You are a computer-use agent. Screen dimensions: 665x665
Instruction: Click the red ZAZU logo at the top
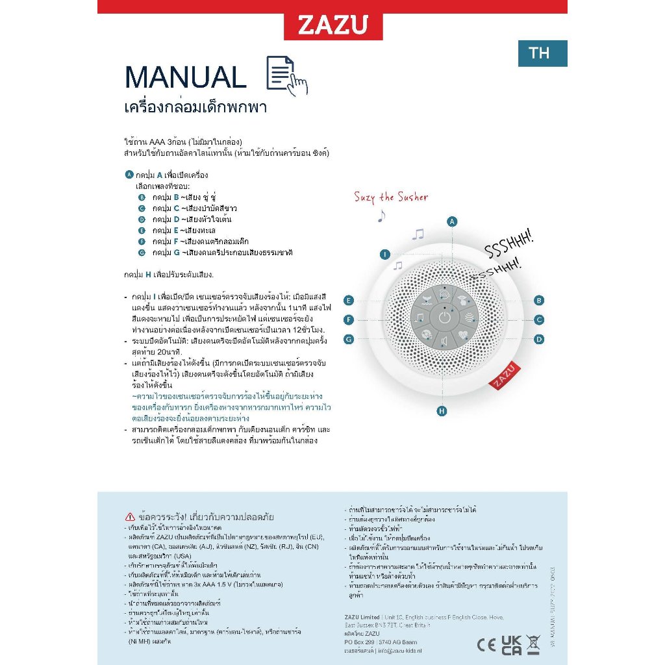pyautogui.click(x=332, y=25)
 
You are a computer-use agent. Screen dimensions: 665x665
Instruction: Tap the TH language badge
pyautogui.click(x=542, y=53)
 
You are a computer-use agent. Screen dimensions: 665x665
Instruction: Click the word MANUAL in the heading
pyautogui.click(x=185, y=78)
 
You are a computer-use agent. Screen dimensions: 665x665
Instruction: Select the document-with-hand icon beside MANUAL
pyautogui.click(x=286, y=75)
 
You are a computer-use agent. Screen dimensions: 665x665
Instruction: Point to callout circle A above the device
pyautogui.click(x=452, y=221)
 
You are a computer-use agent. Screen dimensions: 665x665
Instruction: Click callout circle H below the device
pyautogui.click(x=442, y=410)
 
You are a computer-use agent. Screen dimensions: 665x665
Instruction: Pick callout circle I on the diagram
pyautogui.click(x=385, y=254)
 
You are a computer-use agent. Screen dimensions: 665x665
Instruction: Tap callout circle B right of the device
pyautogui.click(x=539, y=300)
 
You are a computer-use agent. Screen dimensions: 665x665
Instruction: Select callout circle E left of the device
pyautogui.click(x=349, y=300)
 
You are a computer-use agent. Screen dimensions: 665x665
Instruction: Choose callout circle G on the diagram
pyautogui.click(x=349, y=339)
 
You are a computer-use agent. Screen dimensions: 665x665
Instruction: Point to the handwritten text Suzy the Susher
pyautogui.click(x=391, y=197)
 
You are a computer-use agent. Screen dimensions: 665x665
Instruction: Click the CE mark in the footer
pyautogui.click(x=486, y=645)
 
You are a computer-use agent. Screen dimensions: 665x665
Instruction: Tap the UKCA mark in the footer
pyautogui.click(x=511, y=645)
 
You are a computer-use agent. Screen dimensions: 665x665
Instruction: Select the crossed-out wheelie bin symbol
pyautogui.click(x=534, y=645)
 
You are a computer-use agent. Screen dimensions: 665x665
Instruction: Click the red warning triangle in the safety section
pyautogui.click(x=129, y=517)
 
